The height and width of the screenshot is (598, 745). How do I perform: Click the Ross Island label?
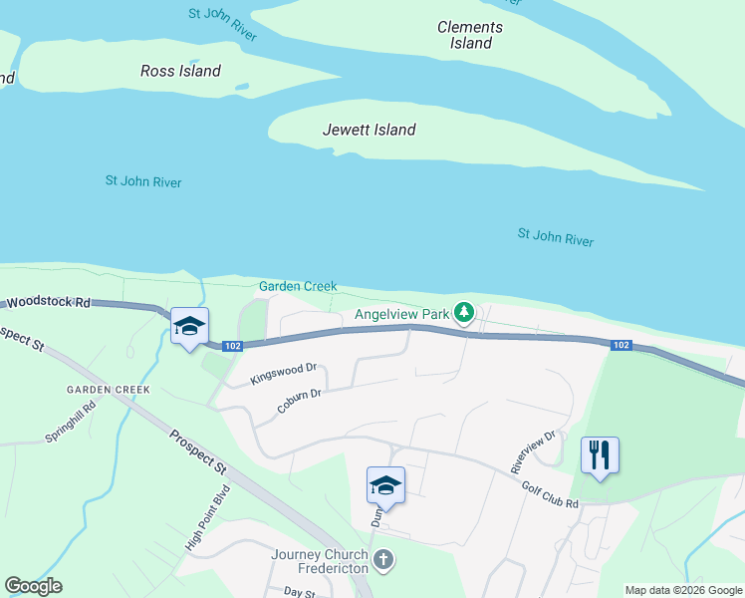[x=180, y=71]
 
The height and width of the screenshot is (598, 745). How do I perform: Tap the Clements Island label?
[x=470, y=35]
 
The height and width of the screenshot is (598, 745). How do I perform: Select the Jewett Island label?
[x=369, y=130]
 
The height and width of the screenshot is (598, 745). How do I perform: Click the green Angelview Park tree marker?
[x=463, y=314]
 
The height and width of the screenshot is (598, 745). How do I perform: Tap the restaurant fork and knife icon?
[x=600, y=456]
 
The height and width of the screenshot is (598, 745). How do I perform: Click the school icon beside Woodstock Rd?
[x=189, y=327]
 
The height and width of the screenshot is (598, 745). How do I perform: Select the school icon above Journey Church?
[x=385, y=485]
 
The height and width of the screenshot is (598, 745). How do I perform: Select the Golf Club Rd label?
[x=550, y=492]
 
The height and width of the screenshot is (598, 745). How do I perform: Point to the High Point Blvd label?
[x=208, y=518]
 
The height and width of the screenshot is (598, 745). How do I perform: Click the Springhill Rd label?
[x=71, y=423]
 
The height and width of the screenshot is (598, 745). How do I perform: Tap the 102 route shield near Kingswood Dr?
[x=232, y=346]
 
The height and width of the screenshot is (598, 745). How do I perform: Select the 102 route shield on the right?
[x=620, y=345]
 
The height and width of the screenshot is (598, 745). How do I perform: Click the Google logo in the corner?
[x=33, y=586]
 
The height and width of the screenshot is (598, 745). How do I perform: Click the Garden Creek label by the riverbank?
[x=298, y=286]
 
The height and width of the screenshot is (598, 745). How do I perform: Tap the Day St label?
[x=299, y=592]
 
